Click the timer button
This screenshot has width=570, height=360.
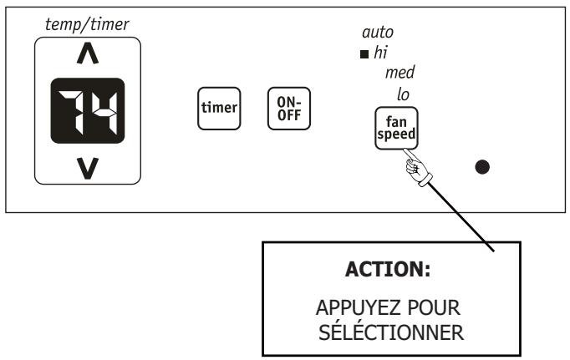pyautogui.click(x=218, y=108)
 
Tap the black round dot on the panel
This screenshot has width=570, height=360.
pyautogui.click(x=481, y=165)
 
